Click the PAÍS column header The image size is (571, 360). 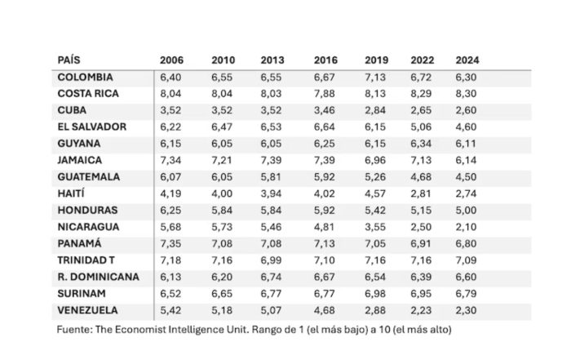[69, 60]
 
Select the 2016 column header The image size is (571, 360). [325, 60]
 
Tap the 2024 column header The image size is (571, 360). [467, 60]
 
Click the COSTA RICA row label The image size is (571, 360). [88, 94]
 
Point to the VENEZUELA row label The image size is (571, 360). [87, 310]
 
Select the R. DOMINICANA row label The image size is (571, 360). [98, 277]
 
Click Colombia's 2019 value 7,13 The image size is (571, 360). [376, 78]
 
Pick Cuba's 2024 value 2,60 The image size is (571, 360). [467, 110]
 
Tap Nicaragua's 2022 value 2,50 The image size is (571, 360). [423, 227]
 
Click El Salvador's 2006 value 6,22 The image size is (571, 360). [171, 127]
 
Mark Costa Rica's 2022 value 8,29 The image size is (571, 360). [423, 94]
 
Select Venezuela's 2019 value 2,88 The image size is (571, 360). [376, 310]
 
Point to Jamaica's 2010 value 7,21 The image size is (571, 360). [223, 160]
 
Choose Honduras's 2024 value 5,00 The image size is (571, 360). [467, 211]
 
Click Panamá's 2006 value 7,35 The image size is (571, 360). [171, 243]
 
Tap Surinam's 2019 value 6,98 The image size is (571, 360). [376, 293]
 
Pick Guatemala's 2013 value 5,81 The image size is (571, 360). [272, 177]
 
